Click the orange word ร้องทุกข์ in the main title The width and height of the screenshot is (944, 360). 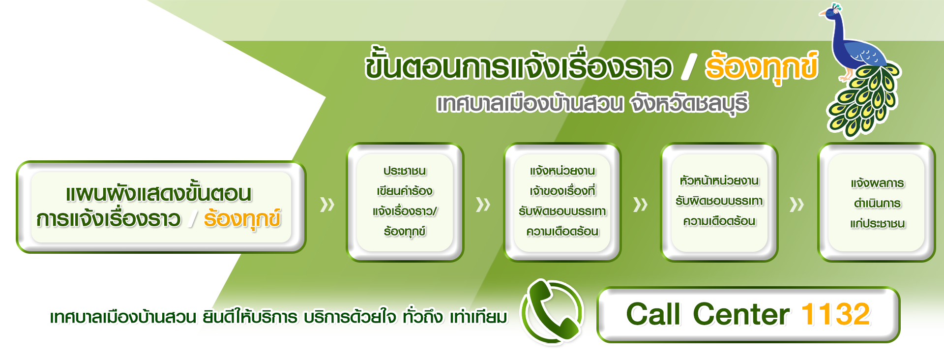[x=761, y=68]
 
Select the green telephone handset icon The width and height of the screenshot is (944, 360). [x=552, y=311]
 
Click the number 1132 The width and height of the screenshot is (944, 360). [x=836, y=314]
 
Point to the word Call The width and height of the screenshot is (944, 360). [x=653, y=314]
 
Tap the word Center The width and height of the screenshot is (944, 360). [x=741, y=314]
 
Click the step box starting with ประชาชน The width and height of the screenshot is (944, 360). [x=405, y=202]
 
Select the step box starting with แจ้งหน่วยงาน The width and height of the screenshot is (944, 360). [x=562, y=202]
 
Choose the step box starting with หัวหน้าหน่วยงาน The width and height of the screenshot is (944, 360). [x=719, y=202]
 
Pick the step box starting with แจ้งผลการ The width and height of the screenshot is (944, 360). [x=877, y=202]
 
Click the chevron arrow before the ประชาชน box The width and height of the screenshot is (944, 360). [x=327, y=204]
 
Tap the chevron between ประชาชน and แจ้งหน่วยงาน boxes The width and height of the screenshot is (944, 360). [x=483, y=204]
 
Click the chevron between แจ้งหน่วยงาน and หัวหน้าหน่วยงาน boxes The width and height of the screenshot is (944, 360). [x=641, y=204]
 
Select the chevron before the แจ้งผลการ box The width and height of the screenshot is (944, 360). [x=797, y=204]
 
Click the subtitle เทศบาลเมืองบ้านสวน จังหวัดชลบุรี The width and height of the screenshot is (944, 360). [x=592, y=104]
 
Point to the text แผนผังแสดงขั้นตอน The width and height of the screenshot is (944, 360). [x=159, y=194]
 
